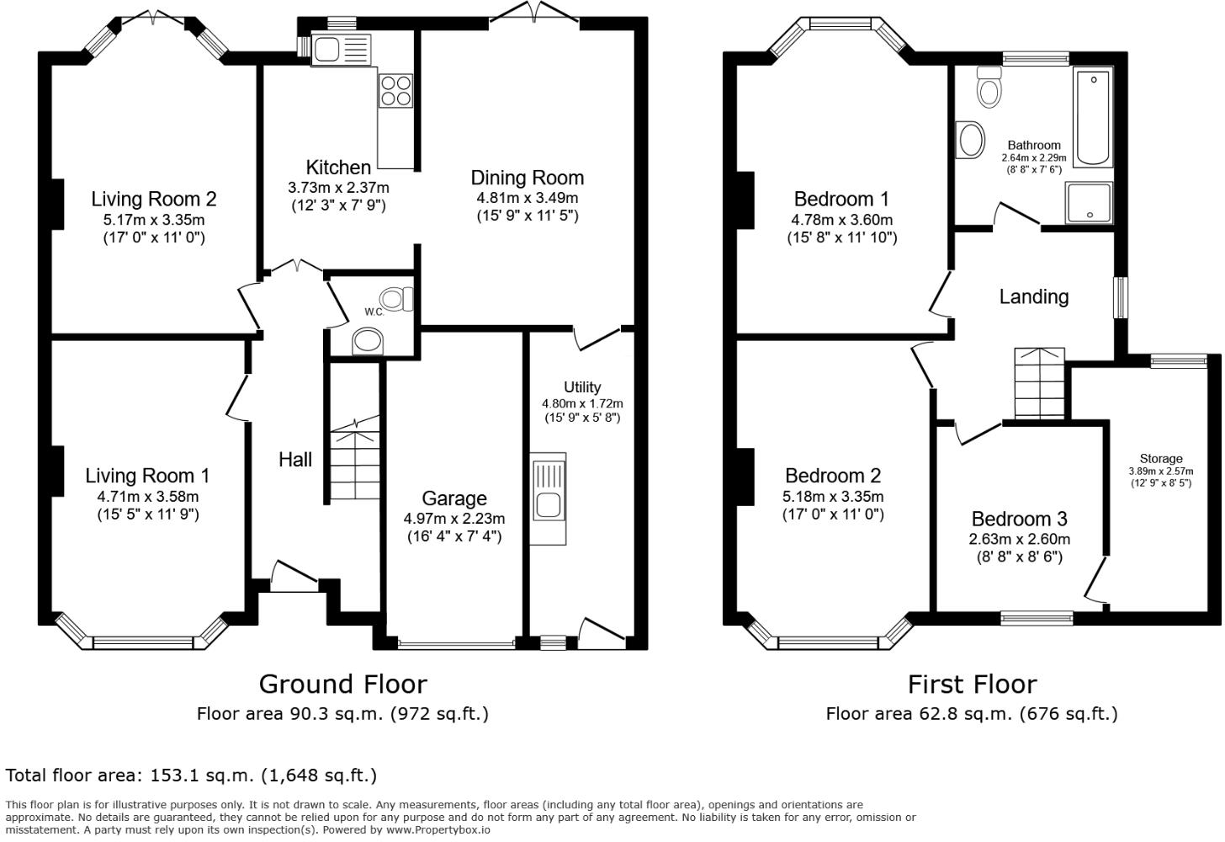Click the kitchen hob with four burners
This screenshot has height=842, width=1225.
pos(395,90)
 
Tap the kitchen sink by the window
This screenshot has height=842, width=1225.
pos(340,50)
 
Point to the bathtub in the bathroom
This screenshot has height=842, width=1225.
pos(1093,117)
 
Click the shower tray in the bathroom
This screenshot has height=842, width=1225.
pos(1090,203)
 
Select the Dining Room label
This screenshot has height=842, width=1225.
pos(527,178)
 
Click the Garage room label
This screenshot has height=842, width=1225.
pos(454,498)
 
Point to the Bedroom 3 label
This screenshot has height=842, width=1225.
pos(1019,519)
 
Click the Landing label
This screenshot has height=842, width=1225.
pos(1034,296)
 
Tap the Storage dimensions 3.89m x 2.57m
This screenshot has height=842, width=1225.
pos(1161,472)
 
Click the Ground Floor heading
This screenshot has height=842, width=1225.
pos(342,684)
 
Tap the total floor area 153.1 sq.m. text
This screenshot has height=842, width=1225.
pos(191,775)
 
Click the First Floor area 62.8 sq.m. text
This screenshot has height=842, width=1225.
pos(972,714)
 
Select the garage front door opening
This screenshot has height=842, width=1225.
pos(455,646)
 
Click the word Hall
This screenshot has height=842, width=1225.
pos(295,460)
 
